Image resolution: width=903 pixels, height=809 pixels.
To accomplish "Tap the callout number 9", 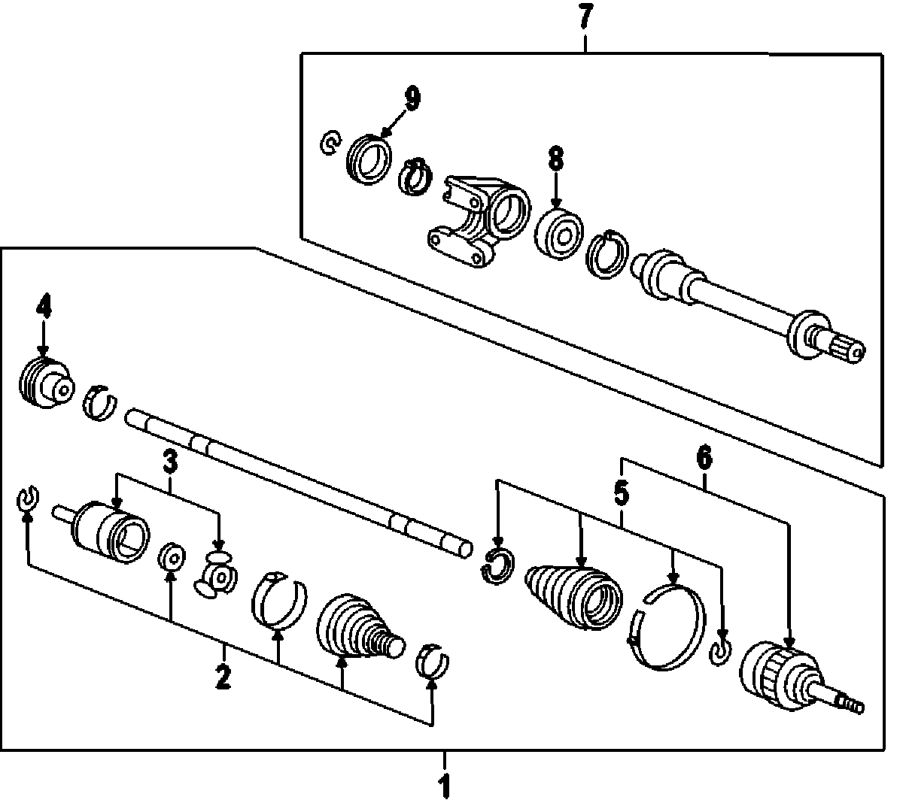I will coord(412,98).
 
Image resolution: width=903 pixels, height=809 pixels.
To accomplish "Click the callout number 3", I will coord(171,461).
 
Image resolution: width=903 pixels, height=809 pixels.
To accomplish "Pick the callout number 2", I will coord(223,674).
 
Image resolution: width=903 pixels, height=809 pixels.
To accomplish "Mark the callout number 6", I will coord(704,457).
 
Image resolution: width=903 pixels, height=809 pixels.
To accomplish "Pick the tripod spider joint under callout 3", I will coord(216,575).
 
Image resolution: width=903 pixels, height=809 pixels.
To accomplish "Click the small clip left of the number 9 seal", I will coord(329,142).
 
